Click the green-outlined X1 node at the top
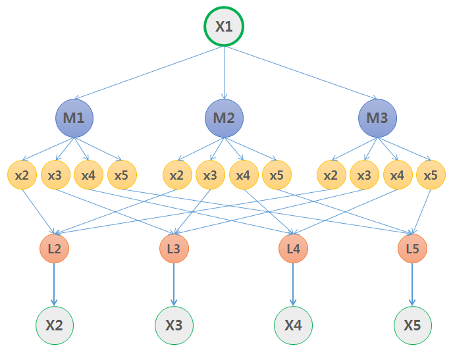tap(224, 28)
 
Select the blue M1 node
tap(74, 118)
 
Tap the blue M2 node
tap(224, 118)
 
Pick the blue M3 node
tap(377, 118)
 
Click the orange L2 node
tap(54, 249)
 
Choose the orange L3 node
tap(174, 249)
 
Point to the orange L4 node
tap(293, 249)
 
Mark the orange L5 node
tap(413, 249)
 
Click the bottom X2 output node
tap(54, 325)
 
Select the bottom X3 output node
tap(174, 325)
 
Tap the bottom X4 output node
tap(293, 325)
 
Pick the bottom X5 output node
tap(413, 325)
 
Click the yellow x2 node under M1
tap(22, 176)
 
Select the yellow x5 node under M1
tap(122, 176)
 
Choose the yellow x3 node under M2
tap(210, 176)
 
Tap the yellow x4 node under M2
tap(244, 176)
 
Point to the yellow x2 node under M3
tap(331, 176)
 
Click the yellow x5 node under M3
tap(431, 176)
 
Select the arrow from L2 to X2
tap(54, 284)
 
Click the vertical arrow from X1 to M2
tap(224, 72)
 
